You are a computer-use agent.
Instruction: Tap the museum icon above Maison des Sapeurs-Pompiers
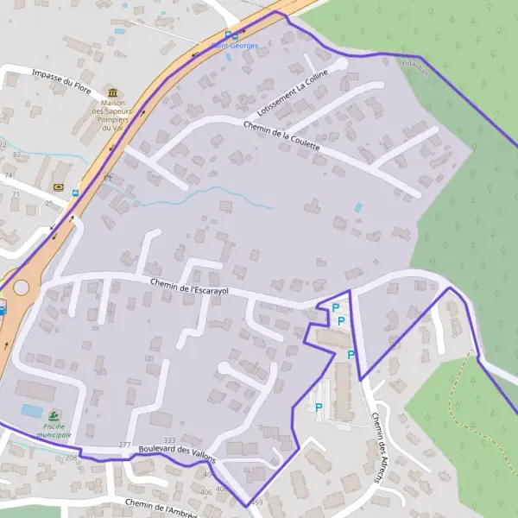112,93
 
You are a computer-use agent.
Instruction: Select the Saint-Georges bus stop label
235,46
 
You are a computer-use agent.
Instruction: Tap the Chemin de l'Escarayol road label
189,287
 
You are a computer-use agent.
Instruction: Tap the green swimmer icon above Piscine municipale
54,415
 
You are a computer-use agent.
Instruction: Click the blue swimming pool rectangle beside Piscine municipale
31,410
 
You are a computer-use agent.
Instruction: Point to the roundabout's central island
20,287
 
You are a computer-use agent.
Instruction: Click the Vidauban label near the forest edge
414,66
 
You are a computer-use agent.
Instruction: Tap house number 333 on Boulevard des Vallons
169,440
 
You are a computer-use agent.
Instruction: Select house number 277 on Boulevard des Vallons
125,445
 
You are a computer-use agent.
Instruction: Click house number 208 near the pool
70,458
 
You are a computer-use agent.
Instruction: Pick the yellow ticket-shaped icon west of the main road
58,186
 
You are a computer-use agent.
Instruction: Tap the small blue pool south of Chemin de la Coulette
358,207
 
